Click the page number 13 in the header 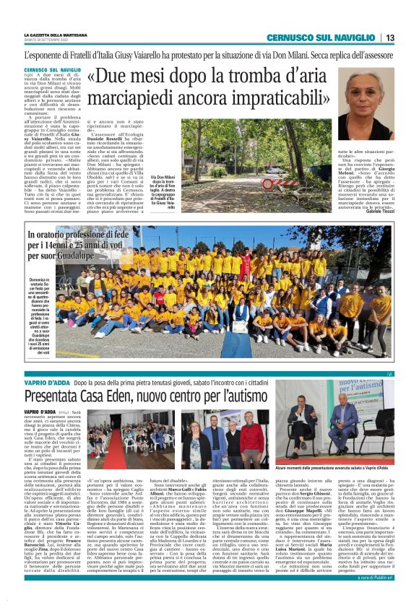[x=389, y=38]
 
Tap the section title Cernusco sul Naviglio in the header [x=322, y=38]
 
